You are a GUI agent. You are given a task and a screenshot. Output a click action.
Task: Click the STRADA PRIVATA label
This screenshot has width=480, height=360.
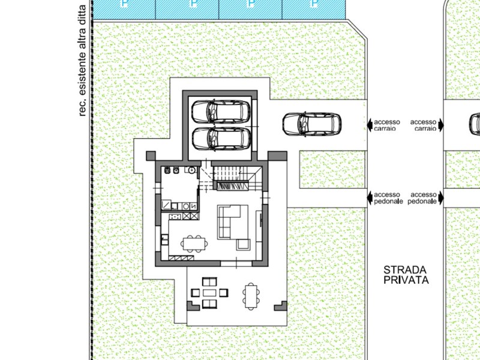[406, 275]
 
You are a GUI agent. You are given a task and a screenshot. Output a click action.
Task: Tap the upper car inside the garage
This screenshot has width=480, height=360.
[221, 112]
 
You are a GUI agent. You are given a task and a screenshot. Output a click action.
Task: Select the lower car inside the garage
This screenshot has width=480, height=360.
[221, 139]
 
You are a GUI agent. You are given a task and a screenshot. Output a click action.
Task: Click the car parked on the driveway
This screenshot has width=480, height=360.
[312, 124]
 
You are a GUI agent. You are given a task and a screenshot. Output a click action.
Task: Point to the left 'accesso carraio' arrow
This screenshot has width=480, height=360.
[370, 125]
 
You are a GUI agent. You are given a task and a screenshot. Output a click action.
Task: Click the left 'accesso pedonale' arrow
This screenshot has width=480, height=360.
[370, 198]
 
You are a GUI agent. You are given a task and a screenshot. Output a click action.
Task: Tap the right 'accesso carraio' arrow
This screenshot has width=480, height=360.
[441, 125]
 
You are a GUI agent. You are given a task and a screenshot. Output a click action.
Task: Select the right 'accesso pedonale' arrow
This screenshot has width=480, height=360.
[441, 198]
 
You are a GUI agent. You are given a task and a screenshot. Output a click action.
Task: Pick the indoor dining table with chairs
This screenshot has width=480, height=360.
[194, 244]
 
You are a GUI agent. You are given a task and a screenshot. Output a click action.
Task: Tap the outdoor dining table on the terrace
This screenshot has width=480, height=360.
[251, 296]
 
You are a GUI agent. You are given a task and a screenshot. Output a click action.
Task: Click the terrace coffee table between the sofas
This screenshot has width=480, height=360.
[209, 293]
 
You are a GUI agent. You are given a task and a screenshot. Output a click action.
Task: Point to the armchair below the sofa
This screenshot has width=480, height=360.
[243, 245]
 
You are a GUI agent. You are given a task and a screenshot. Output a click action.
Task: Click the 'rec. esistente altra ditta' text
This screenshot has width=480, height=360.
[82, 61]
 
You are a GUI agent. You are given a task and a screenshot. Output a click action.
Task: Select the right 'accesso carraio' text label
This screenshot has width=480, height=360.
[424, 125]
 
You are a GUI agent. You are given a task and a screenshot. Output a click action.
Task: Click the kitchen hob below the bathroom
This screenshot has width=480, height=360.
[175, 217]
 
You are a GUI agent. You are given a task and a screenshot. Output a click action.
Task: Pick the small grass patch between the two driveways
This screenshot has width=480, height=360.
[332, 169]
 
